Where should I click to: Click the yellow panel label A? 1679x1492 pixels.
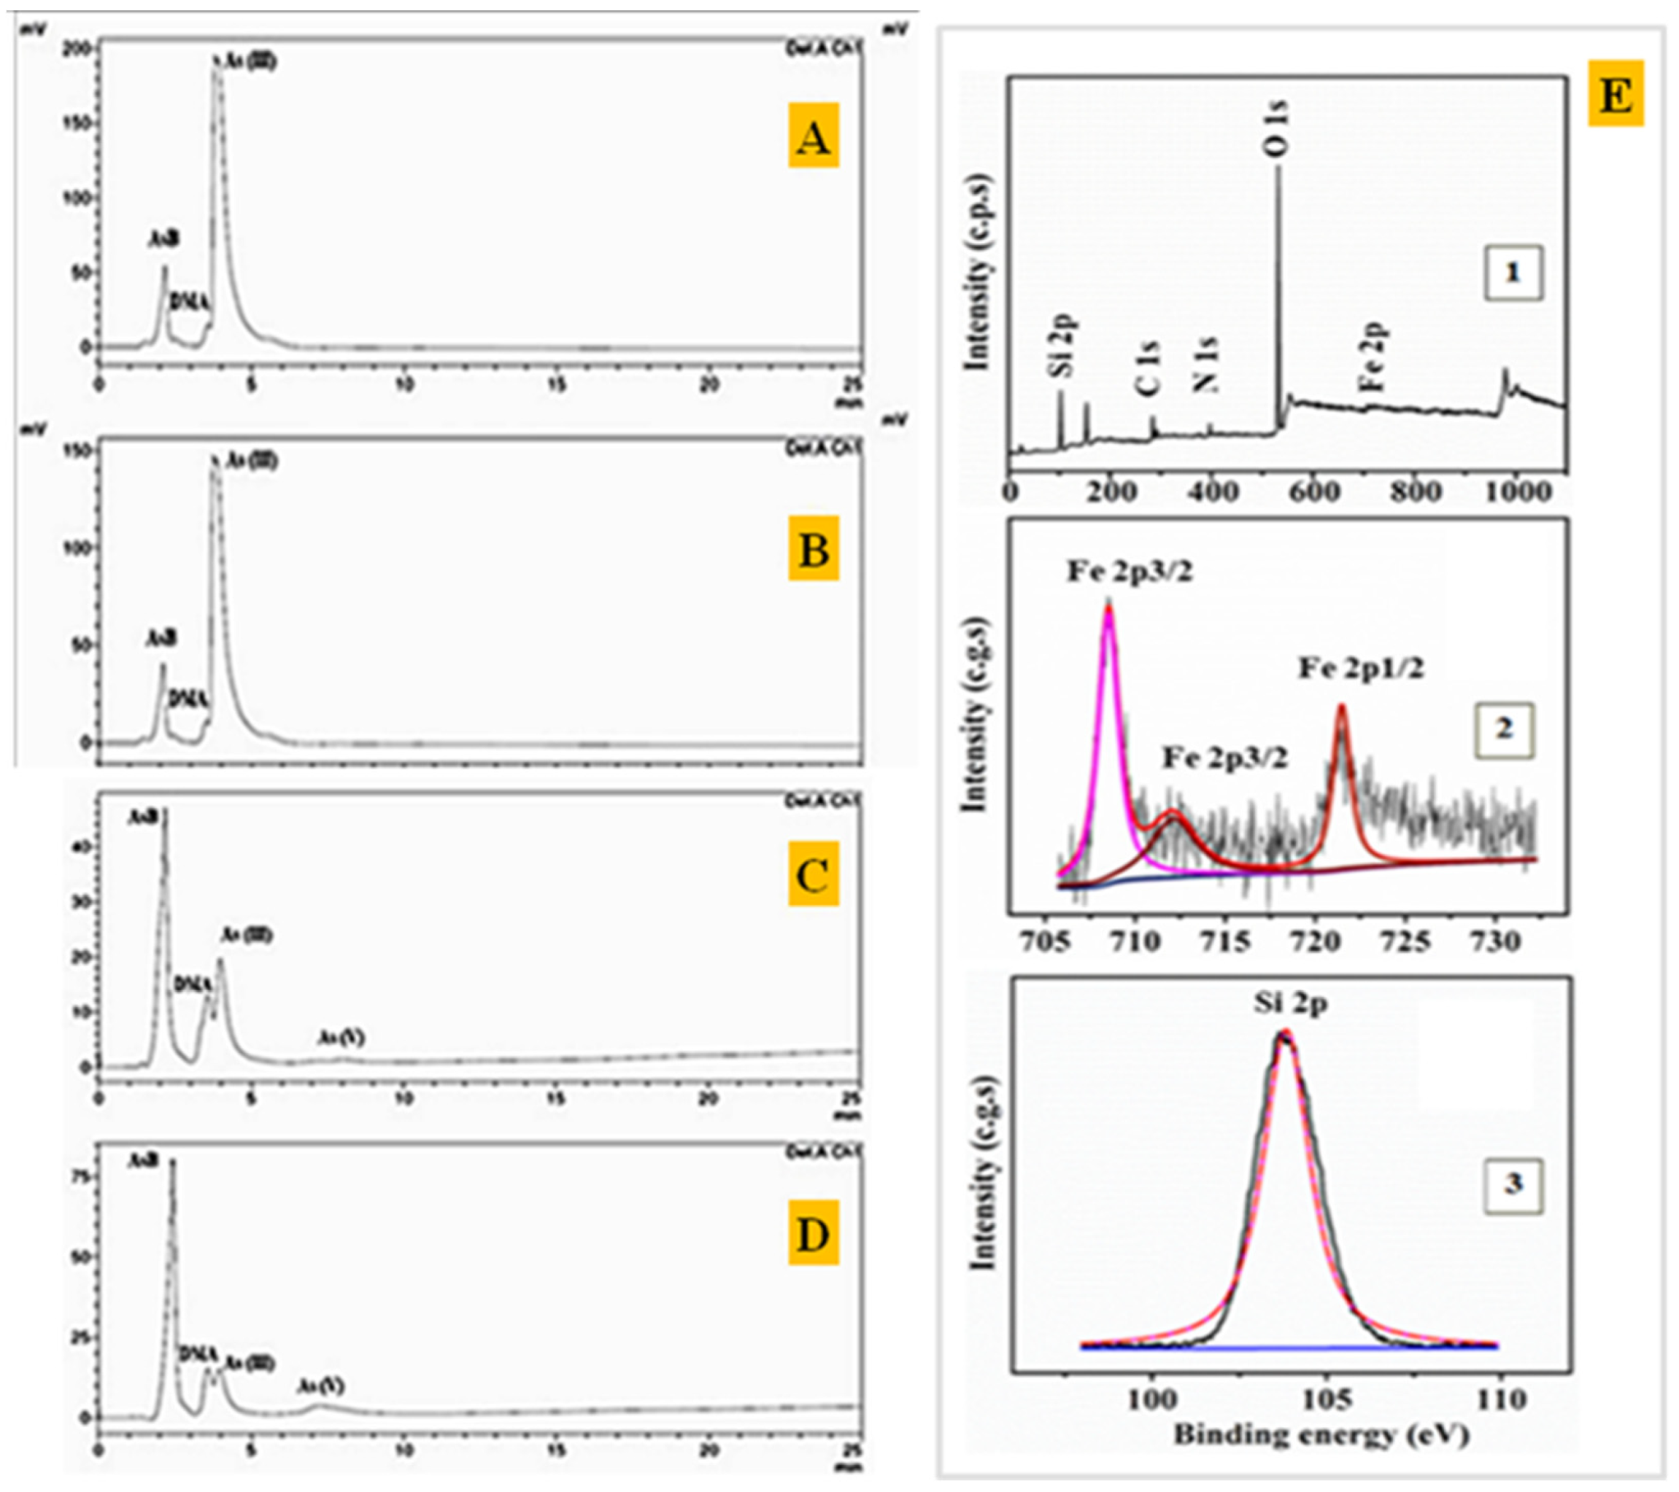tap(813, 136)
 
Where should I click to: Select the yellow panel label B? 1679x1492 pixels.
tap(813, 548)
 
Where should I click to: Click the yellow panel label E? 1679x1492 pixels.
tap(1616, 93)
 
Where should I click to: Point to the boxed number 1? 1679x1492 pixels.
tap(1513, 273)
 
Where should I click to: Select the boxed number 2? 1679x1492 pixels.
tap(1503, 729)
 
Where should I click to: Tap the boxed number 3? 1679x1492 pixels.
tap(1513, 1184)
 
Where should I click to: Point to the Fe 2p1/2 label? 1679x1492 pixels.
tap(1360, 667)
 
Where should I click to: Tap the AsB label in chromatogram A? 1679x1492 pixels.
tap(163, 239)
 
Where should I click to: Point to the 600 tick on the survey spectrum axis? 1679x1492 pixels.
tap(1314, 491)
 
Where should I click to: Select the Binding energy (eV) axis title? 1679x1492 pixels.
tap(1321, 1434)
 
